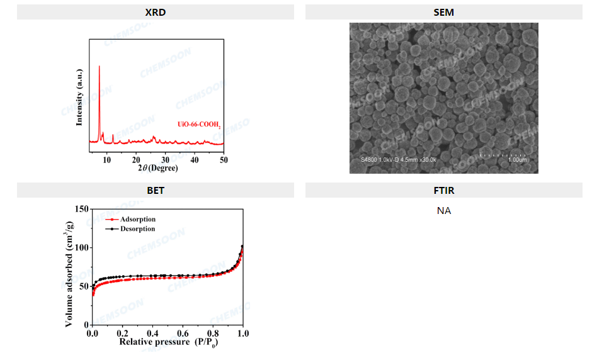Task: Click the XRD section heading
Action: pyautogui.click(x=155, y=12)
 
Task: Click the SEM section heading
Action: pyautogui.click(x=444, y=12)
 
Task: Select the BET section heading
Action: pyautogui.click(x=155, y=190)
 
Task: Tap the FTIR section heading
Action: pyautogui.click(x=444, y=190)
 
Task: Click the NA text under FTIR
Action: pyautogui.click(x=444, y=211)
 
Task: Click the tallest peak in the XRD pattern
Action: pyautogui.click(x=100, y=67)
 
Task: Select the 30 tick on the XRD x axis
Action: pyautogui.click(x=166, y=158)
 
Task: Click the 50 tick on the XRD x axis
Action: pyautogui.click(x=224, y=158)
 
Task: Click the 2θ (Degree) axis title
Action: pyautogui.click(x=158, y=168)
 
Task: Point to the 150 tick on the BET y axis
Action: pyautogui.click(x=81, y=208)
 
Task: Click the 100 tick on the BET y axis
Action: pyautogui.click(x=81, y=247)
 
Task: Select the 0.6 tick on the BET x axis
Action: pyautogui.click(x=183, y=332)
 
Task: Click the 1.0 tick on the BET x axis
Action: pyautogui.click(x=243, y=332)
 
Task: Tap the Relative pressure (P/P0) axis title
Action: pyautogui.click(x=167, y=342)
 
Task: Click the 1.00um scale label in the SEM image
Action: pyautogui.click(x=517, y=160)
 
